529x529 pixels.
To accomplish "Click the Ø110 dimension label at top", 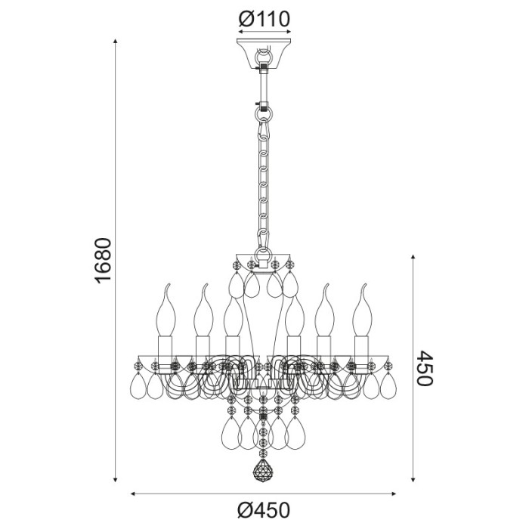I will (x=264, y=17).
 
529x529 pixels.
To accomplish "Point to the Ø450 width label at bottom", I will (x=264, y=511).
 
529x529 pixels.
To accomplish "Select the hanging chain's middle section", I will (x=264, y=181).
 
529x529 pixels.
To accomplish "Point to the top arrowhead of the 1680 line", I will (x=115, y=41).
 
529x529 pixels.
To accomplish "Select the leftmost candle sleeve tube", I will (x=166, y=348).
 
